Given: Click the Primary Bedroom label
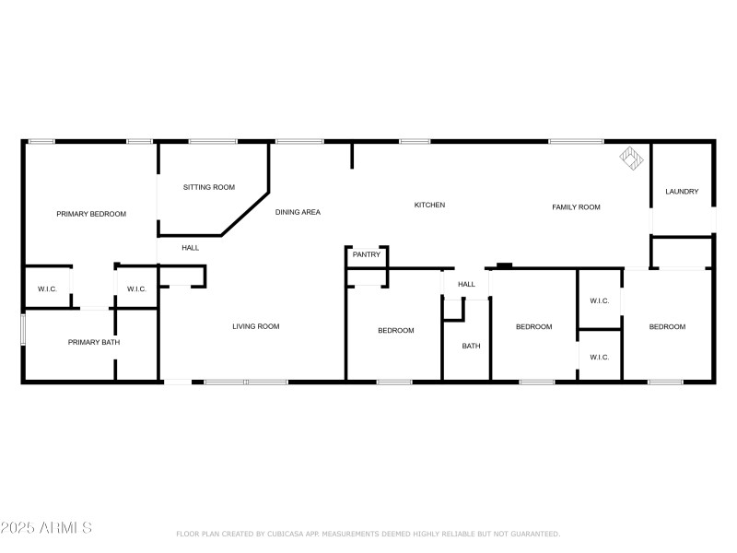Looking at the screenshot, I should click(x=91, y=214).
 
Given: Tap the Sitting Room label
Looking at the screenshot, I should click(x=208, y=187).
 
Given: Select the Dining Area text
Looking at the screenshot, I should click(x=298, y=212).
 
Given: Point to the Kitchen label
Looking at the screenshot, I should click(x=429, y=205).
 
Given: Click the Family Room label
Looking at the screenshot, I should click(x=576, y=207).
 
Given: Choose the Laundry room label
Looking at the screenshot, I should click(x=682, y=192).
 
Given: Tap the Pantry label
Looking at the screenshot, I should click(x=366, y=254).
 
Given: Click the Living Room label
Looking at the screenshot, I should click(x=255, y=326).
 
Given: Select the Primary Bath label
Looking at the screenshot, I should click(x=94, y=343).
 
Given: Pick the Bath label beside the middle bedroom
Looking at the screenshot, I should click(x=471, y=347).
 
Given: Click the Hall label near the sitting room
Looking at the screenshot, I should click(x=190, y=247).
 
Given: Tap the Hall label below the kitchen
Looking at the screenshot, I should click(x=467, y=284).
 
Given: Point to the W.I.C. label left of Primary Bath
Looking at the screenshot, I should click(x=47, y=289).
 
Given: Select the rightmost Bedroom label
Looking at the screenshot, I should click(x=667, y=327).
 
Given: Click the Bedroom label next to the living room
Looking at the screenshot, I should click(x=396, y=331).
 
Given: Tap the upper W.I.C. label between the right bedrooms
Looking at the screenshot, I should click(x=599, y=300).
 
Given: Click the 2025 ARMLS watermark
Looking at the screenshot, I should click(x=46, y=528).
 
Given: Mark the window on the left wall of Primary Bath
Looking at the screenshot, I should click(x=23, y=331).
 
